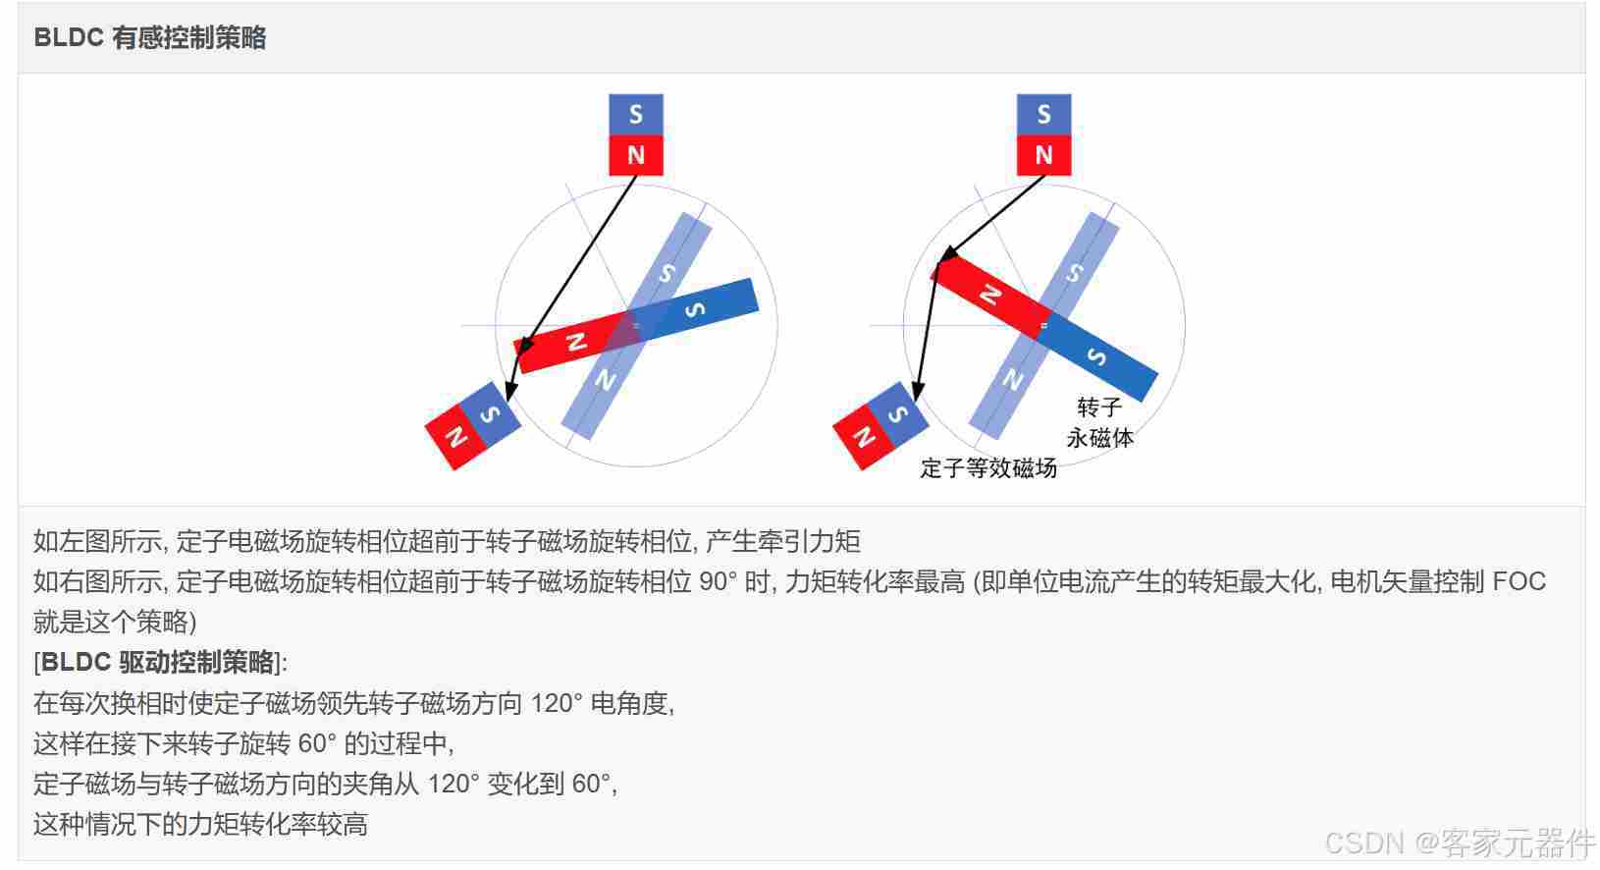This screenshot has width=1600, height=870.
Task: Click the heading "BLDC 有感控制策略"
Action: [150, 37]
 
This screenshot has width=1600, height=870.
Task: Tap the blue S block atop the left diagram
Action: [636, 114]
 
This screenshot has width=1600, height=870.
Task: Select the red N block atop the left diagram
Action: [636, 155]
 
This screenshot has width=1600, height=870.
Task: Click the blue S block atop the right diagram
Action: [1043, 114]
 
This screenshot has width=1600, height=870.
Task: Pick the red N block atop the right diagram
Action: [1043, 155]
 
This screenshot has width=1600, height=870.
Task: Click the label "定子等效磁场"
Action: [988, 468]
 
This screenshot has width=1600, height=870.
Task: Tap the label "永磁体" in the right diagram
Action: [1100, 438]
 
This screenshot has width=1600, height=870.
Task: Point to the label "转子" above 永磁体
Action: [1100, 408]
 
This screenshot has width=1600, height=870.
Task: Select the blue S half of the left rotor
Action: [693, 308]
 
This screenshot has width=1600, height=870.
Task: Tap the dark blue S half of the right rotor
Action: [1097, 357]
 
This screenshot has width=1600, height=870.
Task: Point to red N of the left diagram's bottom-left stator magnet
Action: [455, 436]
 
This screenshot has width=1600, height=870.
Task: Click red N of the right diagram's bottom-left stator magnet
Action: [864, 436]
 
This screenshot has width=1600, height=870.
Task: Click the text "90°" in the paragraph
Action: [718, 581]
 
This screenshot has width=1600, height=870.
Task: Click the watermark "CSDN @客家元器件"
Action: [1460, 843]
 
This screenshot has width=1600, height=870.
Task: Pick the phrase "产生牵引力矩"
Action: [783, 541]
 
